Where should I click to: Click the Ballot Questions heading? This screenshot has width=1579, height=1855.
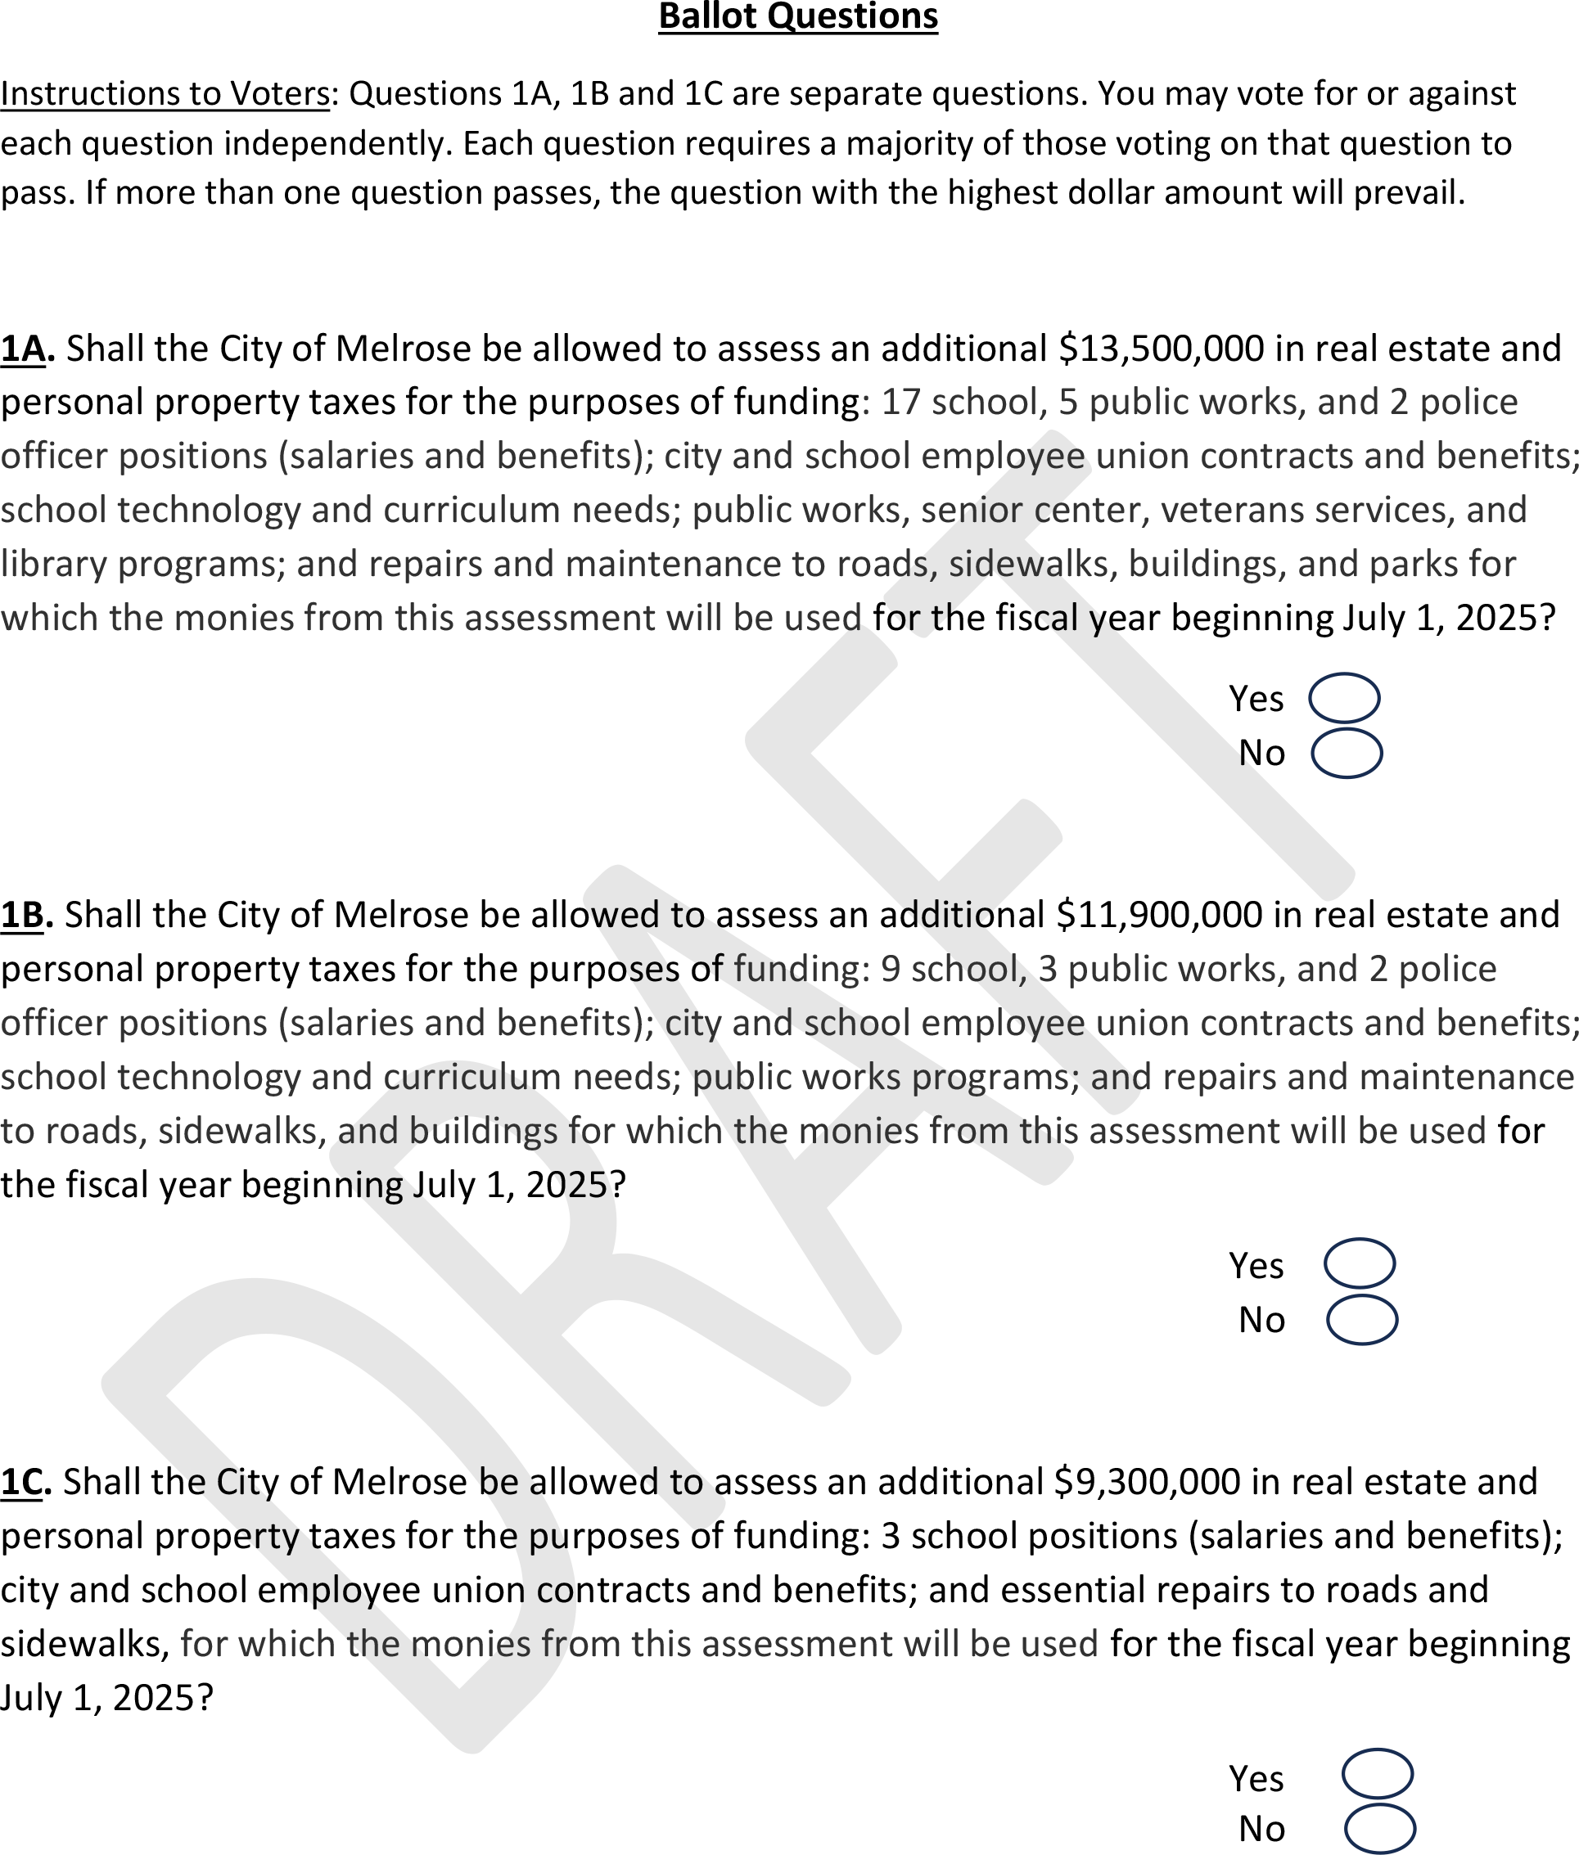[797, 17]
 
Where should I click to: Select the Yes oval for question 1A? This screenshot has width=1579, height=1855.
[1343, 698]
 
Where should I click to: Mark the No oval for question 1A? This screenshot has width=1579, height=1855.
[1347, 754]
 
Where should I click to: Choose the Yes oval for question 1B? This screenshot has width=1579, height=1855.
[1359, 1263]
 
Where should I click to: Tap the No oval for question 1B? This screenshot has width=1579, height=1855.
[1361, 1320]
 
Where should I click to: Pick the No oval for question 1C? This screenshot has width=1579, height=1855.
[1379, 1828]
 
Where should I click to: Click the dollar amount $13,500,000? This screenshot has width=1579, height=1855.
[1160, 349]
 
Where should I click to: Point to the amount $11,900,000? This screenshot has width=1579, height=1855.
[1158, 916]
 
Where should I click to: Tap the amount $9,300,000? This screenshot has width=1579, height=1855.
[1147, 1482]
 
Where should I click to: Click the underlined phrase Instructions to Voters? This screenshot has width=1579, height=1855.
[165, 94]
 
